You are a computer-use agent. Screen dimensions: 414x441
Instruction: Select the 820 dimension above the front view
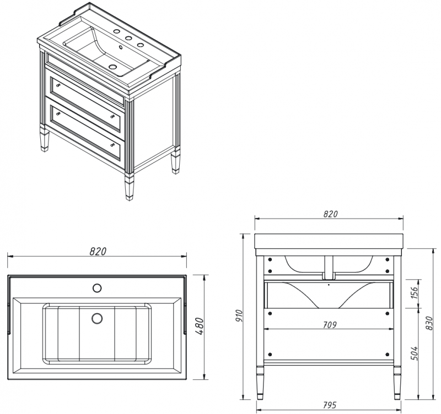click(x=330, y=214)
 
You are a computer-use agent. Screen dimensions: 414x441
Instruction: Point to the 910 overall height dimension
click(x=239, y=315)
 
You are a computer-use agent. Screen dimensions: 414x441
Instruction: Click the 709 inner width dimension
click(x=330, y=324)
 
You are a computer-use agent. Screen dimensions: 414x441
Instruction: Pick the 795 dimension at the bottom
click(x=330, y=406)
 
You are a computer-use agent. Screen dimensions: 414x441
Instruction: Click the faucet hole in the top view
click(x=97, y=287)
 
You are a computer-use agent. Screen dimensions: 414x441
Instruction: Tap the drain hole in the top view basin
click(x=97, y=318)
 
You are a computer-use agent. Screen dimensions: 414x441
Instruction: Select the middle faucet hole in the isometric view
click(x=128, y=39)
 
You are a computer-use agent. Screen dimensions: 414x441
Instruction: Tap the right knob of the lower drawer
click(x=114, y=144)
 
